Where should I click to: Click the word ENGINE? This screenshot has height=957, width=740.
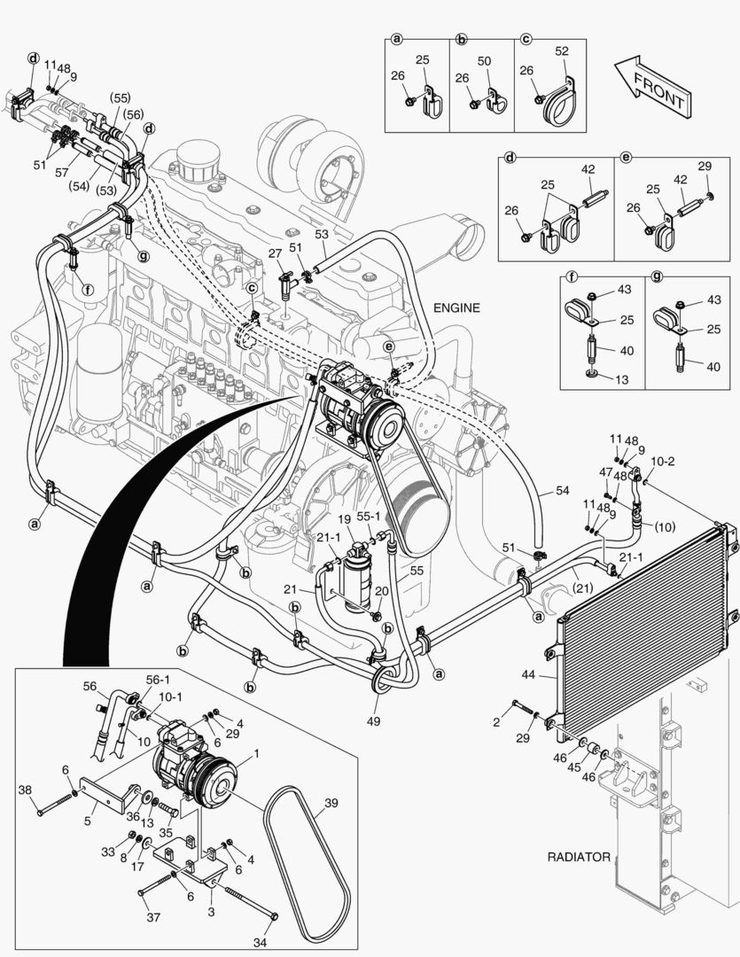[x=456, y=308]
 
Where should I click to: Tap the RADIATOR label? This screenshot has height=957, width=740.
[x=579, y=857]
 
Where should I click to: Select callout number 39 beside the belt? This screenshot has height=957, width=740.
[x=331, y=803]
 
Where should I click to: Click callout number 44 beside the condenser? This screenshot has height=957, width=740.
[x=529, y=675]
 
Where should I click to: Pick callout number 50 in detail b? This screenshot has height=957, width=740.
[x=484, y=59]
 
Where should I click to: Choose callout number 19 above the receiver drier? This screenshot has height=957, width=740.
[x=345, y=518]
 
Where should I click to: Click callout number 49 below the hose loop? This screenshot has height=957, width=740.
[x=374, y=722]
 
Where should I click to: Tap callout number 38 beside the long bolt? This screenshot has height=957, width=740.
[x=25, y=790]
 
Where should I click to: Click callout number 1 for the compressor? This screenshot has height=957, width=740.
[x=256, y=754]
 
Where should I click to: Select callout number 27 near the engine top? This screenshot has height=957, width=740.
[x=275, y=253]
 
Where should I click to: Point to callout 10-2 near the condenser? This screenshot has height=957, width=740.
[x=663, y=462]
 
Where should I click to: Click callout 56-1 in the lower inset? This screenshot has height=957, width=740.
[x=158, y=680]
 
